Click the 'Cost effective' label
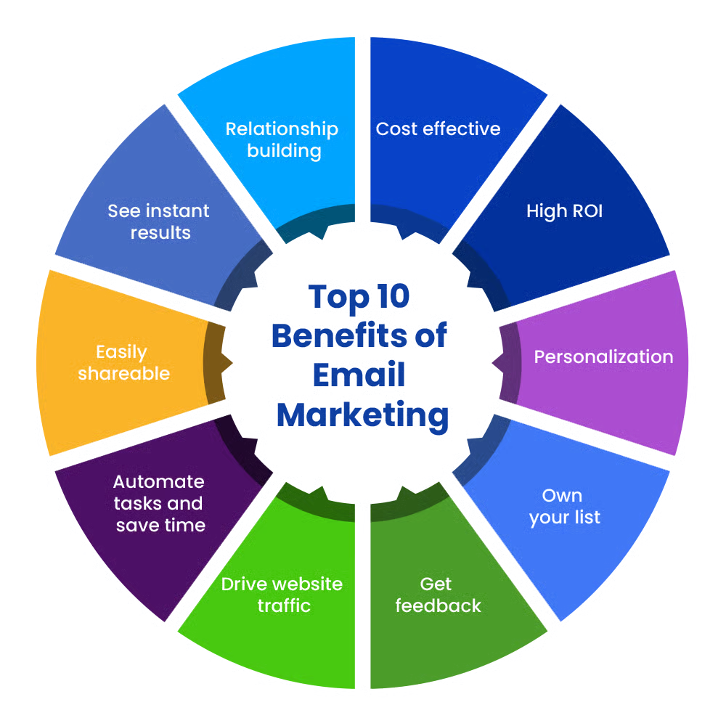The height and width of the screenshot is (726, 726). pos(438,129)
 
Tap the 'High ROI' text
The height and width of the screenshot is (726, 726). pos(564,211)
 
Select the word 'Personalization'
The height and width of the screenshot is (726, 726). pos(603,357)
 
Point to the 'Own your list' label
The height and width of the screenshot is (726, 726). pos(564,507)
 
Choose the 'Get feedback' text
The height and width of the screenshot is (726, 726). pos(438,595)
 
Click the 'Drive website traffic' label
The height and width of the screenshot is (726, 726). pos(282,595)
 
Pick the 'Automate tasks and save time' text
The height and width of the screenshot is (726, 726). pos(160,503)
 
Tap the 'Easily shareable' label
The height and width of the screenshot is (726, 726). pos(123,363)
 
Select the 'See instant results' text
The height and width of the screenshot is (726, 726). pos(159,221)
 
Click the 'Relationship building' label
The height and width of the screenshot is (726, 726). pos(282,139)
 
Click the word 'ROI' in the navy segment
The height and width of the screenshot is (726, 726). pos(584,211)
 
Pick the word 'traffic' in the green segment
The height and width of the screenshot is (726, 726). pos(284,605)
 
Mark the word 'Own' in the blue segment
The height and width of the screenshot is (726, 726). pos(562,496)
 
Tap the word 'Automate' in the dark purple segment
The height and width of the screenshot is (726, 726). pos(159,482)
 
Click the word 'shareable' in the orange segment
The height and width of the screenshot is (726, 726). pos(123,374)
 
